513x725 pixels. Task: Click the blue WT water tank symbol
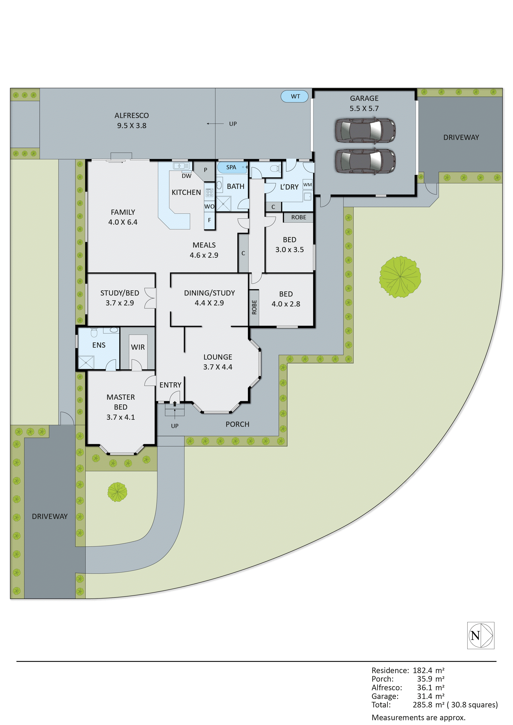[x=294, y=96]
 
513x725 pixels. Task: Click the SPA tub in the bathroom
[x=232, y=167]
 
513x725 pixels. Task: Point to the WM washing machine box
[x=307, y=185]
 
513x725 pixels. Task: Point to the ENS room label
[x=99, y=345]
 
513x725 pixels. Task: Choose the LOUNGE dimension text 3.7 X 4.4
[x=218, y=367]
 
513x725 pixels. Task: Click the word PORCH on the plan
[x=237, y=424]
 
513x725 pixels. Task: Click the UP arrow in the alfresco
[x=215, y=124]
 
